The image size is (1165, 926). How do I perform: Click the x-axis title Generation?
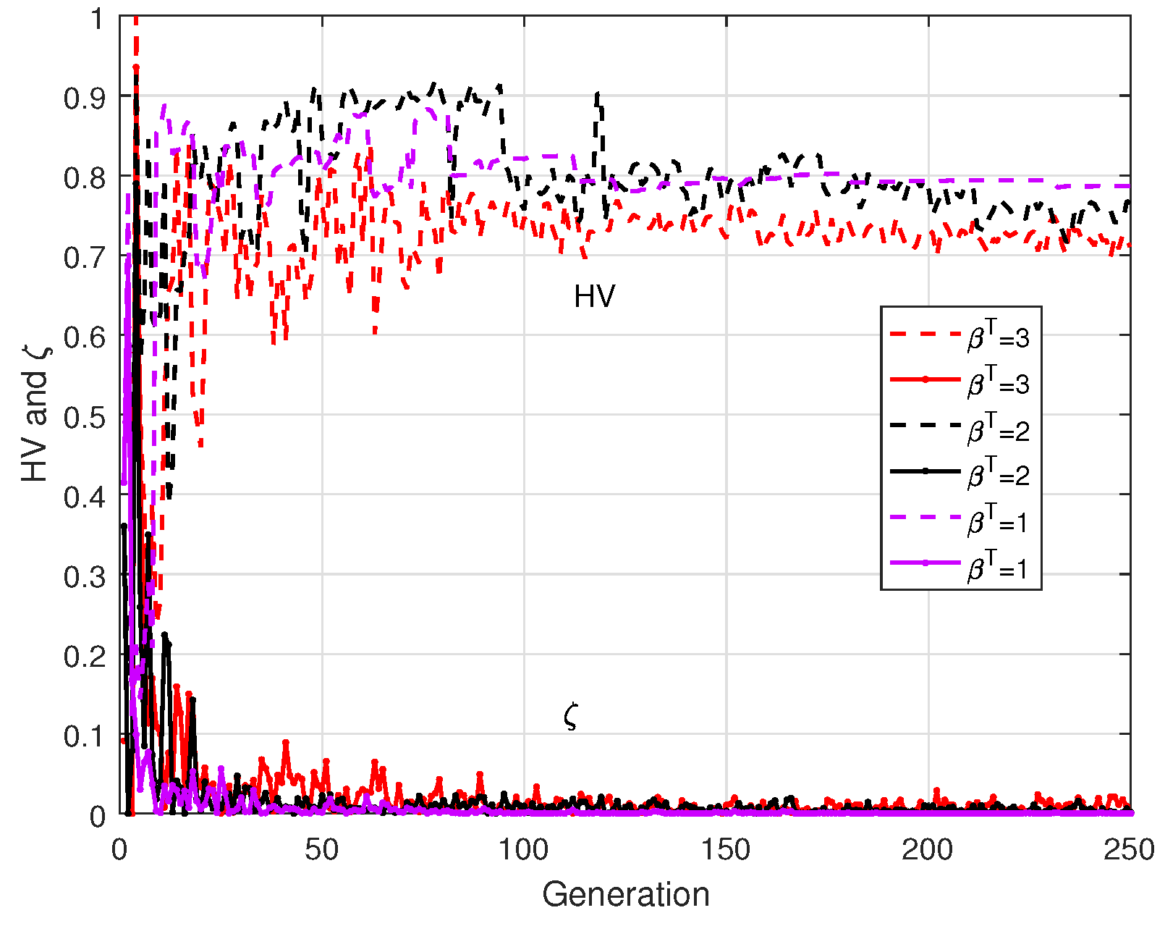tap(625, 894)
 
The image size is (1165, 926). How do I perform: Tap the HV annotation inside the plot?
tap(594, 297)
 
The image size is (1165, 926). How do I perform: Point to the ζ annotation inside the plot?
tap(570, 717)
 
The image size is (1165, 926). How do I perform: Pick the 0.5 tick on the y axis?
tap(84, 417)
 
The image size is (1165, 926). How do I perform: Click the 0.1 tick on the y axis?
tap(84, 736)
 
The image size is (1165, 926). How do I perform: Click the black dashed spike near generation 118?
tap(598, 101)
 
